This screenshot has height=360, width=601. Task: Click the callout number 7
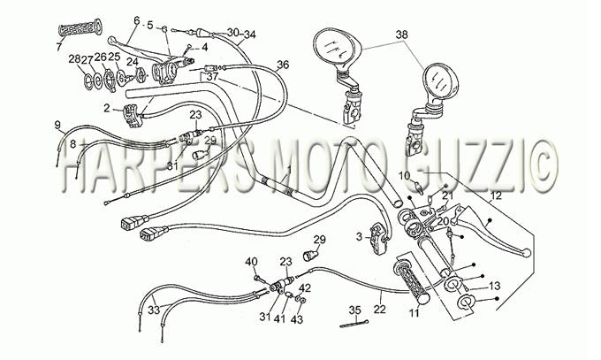tap(58, 47)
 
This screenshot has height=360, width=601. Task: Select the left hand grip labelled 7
tap(80, 28)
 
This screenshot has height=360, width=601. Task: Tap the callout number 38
tap(401, 34)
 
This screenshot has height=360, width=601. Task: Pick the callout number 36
tap(283, 65)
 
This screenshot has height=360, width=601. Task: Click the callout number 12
tap(496, 196)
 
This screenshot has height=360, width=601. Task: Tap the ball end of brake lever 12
tap(527, 253)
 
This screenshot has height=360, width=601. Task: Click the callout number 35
tap(355, 310)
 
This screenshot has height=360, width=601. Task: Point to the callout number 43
tap(297, 319)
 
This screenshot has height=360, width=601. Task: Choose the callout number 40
tap(251, 262)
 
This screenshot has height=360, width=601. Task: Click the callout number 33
tap(154, 310)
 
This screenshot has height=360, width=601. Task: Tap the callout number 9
tap(57, 125)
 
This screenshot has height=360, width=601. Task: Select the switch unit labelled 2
tap(131, 116)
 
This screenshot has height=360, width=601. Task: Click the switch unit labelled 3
tap(377, 239)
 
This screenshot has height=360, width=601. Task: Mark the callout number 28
tap(75, 58)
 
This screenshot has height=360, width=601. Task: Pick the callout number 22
tap(379, 309)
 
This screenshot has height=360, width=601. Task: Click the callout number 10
tap(404, 176)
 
